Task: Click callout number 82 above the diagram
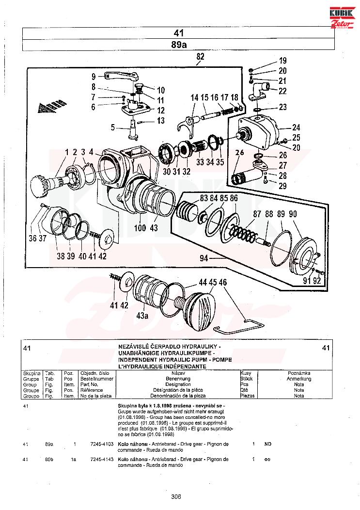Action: point(200,57)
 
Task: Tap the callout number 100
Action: point(140,227)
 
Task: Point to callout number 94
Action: point(203,259)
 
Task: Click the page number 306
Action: point(176,495)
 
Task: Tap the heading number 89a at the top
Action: point(179,45)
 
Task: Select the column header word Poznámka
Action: point(299,373)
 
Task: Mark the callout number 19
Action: point(282,61)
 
